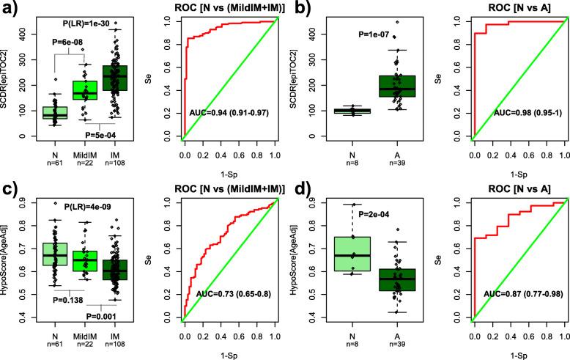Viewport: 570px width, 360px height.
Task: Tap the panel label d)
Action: click(x=300, y=193)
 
